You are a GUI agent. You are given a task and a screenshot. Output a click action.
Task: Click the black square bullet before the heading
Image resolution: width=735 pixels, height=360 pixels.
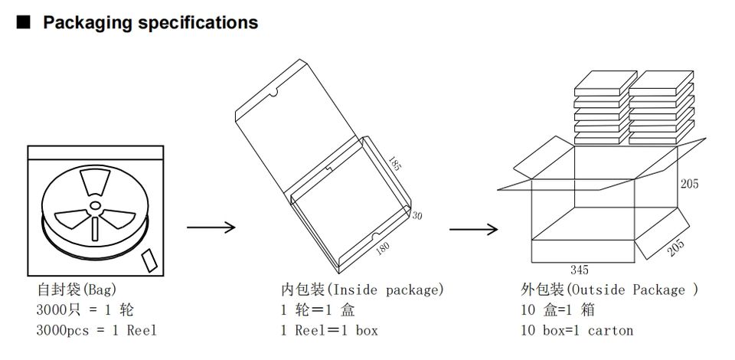(x=23, y=23)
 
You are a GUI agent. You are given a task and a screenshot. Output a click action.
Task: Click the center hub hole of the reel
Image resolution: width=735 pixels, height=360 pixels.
(x=94, y=207)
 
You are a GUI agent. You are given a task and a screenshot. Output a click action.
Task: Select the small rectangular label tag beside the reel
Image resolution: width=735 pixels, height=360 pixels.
(x=151, y=259)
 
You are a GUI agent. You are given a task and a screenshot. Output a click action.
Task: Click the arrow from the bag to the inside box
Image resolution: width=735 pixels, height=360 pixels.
(x=211, y=227)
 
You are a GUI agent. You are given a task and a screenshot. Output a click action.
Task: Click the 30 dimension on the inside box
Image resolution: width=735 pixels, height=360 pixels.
(x=417, y=216)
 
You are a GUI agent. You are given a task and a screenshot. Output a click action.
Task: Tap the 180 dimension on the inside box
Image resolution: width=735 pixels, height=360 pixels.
(x=383, y=247)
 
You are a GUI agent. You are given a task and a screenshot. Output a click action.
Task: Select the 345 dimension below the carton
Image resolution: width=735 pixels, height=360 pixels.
(x=579, y=270)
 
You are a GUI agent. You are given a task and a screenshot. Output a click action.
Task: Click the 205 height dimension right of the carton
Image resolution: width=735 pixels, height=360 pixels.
(x=689, y=184)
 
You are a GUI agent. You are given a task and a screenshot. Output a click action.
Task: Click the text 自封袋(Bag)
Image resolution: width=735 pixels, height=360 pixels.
(x=75, y=290)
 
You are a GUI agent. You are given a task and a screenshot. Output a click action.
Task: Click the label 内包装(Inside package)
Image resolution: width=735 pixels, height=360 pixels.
(x=362, y=290)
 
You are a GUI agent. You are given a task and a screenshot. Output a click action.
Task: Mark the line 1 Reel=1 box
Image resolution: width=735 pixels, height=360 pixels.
(x=329, y=331)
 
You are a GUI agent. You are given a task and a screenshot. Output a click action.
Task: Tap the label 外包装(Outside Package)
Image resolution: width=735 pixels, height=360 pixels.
(x=609, y=290)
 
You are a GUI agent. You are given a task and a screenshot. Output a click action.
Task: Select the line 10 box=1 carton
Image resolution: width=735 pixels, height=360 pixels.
(x=577, y=331)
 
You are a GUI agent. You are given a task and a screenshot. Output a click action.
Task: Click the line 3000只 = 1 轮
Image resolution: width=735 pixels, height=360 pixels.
(x=85, y=310)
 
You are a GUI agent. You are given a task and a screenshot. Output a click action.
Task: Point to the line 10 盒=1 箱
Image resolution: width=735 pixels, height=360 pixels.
(x=558, y=310)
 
